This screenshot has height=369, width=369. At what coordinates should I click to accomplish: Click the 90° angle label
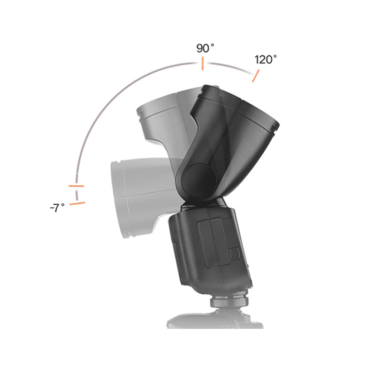pyautogui.click(x=205, y=48)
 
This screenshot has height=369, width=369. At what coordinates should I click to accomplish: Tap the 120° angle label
pyautogui.click(x=266, y=60)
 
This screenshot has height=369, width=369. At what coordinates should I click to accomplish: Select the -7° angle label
pyautogui.click(x=57, y=208)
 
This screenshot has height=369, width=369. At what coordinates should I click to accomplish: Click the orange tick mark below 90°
pyautogui.click(x=202, y=64)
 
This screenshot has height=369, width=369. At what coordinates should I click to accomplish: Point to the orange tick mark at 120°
pyautogui.click(x=256, y=76)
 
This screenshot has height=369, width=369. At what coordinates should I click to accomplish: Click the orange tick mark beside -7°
pyautogui.click(x=77, y=203)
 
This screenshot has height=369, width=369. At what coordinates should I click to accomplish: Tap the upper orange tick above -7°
pyautogui.click(x=76, y=186)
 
